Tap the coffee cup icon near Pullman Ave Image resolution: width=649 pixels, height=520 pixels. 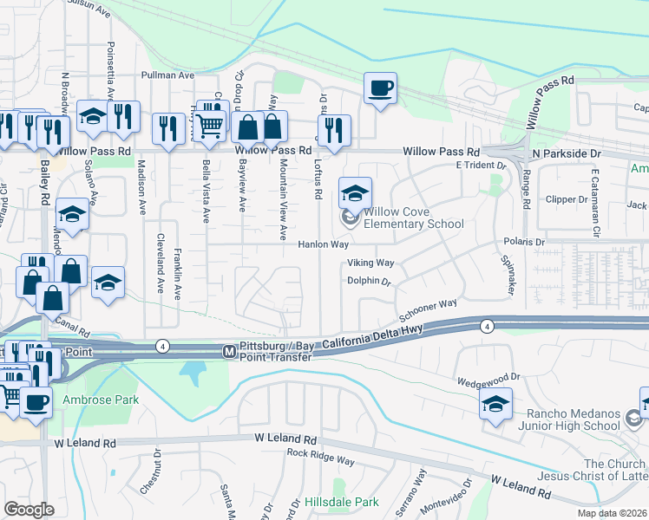pos(380,88)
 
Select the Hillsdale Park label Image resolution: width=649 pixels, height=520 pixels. pos(342,502)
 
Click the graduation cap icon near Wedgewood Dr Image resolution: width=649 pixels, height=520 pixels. pos(495,403)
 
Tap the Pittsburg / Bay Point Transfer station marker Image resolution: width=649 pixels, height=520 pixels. pos(229,352)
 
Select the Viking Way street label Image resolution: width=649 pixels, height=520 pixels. pos(370,263)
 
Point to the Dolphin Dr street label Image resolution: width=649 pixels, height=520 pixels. pos(370,282)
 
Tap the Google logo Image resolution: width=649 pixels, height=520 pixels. pos(29,510)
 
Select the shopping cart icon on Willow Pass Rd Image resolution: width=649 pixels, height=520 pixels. pos(210,127)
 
